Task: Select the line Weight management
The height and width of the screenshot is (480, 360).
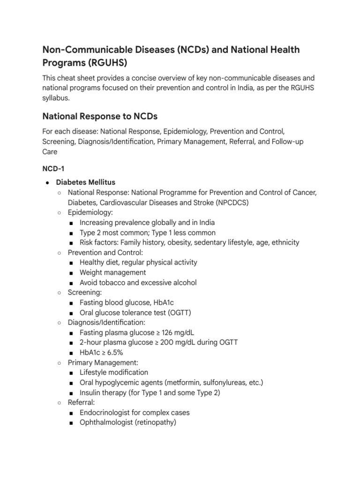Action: pos(112,272)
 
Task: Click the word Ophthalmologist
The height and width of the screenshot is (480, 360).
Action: pos(109,422)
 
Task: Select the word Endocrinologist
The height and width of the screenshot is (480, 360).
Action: pos(108,412)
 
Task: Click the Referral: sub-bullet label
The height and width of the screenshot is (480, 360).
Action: pos(82,402)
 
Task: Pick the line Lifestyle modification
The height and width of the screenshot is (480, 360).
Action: pos(114,372)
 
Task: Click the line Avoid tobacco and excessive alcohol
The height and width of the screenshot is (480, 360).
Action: pos(138,283)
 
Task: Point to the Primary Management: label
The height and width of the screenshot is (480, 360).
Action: pos(103,362)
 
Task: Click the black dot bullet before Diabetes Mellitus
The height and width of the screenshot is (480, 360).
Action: pos(47,182)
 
